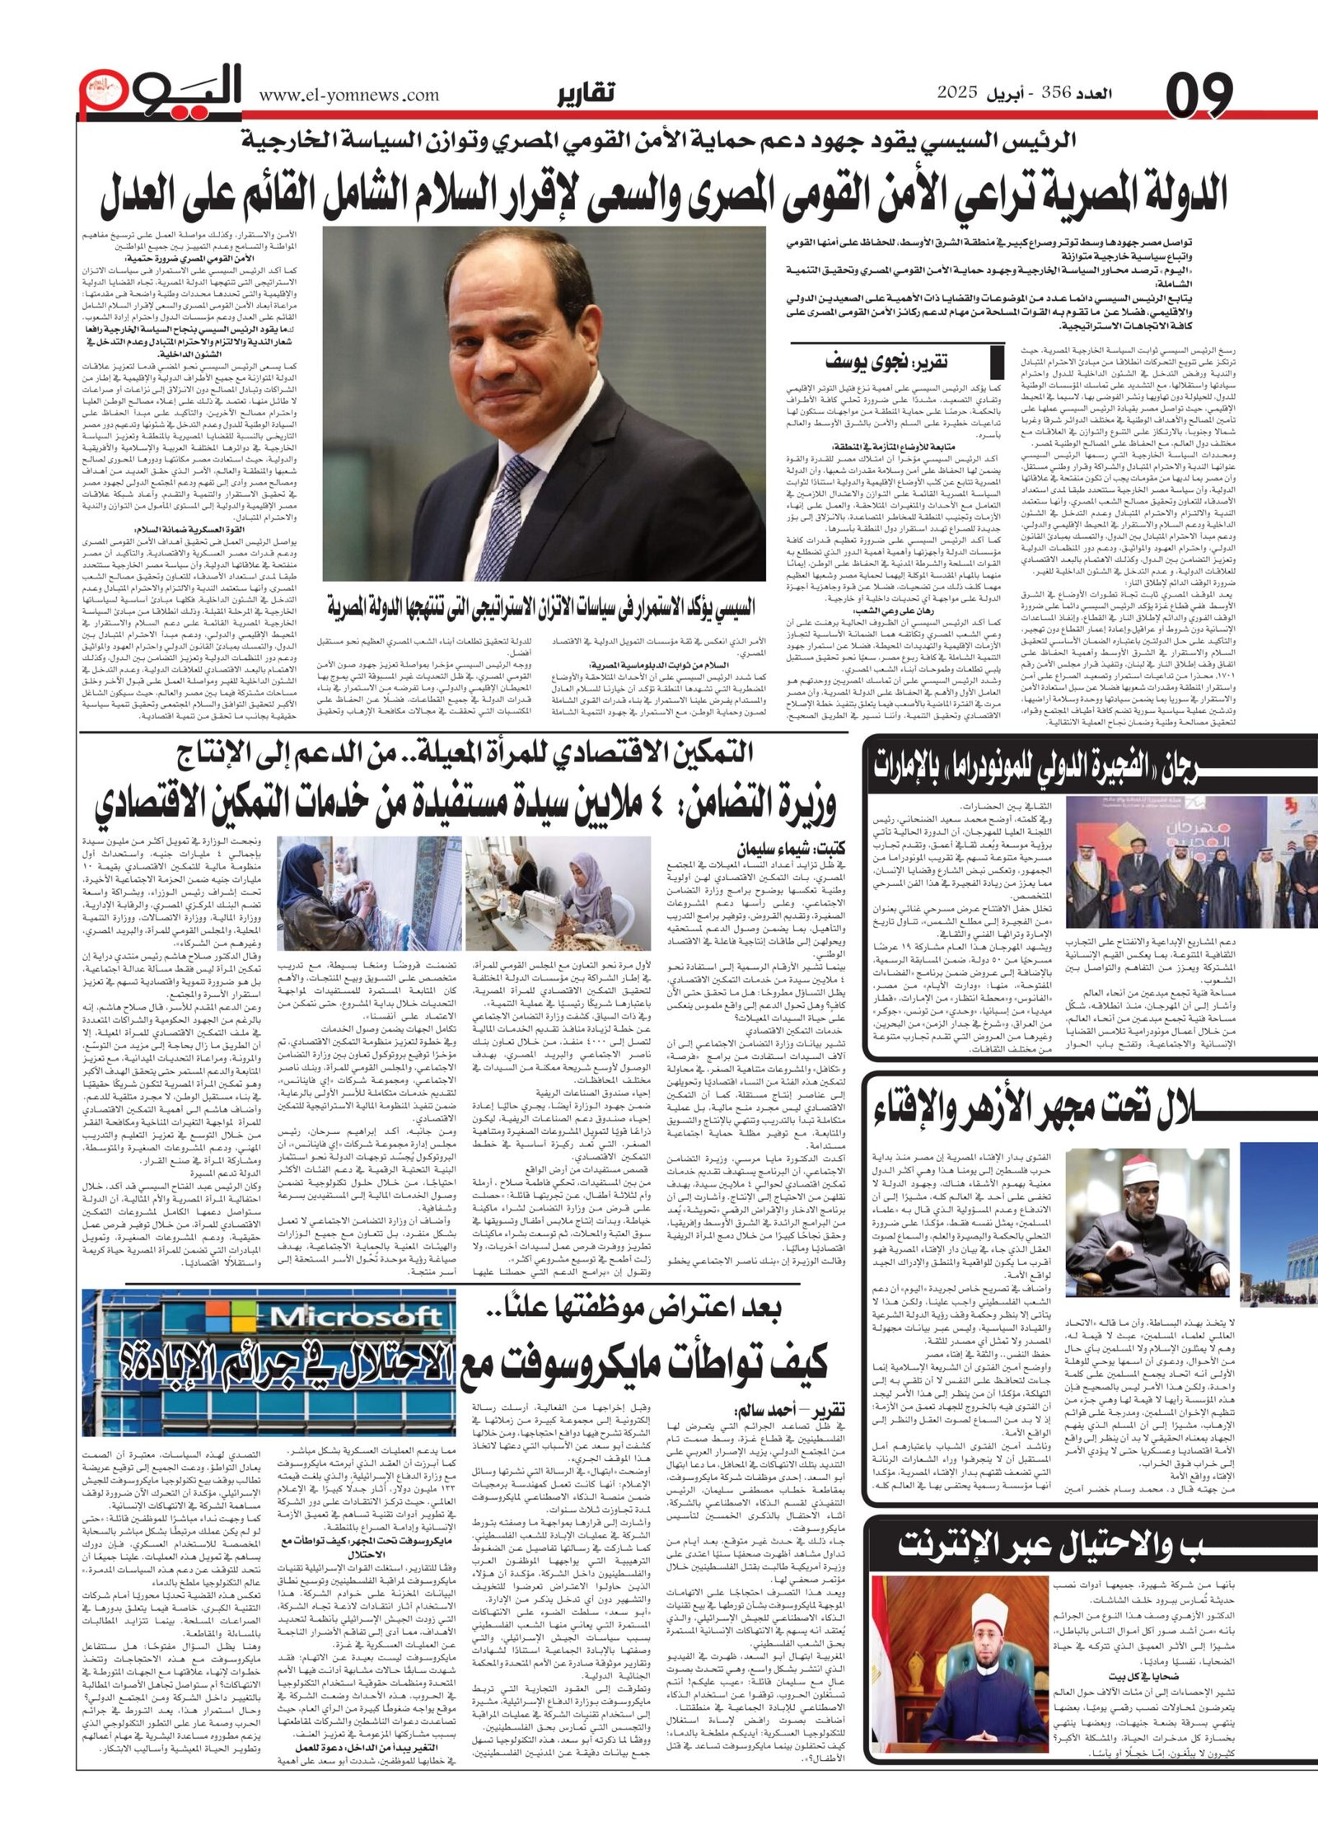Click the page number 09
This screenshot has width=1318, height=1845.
(1199, 95)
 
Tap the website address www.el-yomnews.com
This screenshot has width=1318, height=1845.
(349, 96)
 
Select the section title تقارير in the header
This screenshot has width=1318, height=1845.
(586, 95)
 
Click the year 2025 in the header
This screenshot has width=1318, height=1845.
(956, 94)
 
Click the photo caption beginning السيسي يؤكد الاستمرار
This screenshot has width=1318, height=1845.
(540, 608)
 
